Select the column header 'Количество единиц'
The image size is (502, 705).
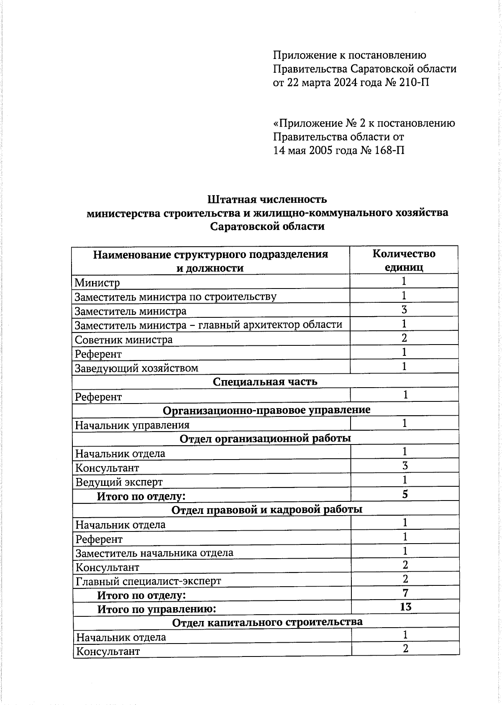pyautogui.click(x=404, y=261)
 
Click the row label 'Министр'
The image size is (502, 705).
pyautogui.click(x=97, y=283)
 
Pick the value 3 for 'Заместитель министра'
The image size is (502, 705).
pyautogui.click(x=404, y=309)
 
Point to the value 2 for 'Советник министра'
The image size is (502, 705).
pyautogui.click(x=404, y=338)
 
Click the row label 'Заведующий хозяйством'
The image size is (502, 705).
pyautogui.click(x=136, y=368)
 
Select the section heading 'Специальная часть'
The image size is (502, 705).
pyautogui.click(x=265, y=381)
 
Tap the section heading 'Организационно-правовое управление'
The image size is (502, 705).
pyautogui.click(x=266, y=410)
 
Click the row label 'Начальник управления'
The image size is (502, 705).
pyautogui.click(x=132, y=425)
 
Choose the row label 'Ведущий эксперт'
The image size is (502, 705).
pyautogui.click(x=119, y=482)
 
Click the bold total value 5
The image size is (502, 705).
pyautogui.click(x=405, y=494)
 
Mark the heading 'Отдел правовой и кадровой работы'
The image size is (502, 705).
pyautogui.click(x=267, y=509)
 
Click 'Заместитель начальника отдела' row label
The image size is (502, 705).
pyautogui.click(x=154, y=553)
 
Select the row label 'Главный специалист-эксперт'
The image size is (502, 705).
pyautogui.click(x=148, y=581)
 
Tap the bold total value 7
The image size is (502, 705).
pyautogui.click(x=405, y=593)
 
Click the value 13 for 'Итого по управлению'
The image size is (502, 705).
pyautogui.click(x=405, y=607)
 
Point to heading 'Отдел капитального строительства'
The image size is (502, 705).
pyautogui.click(x=267, y=622)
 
